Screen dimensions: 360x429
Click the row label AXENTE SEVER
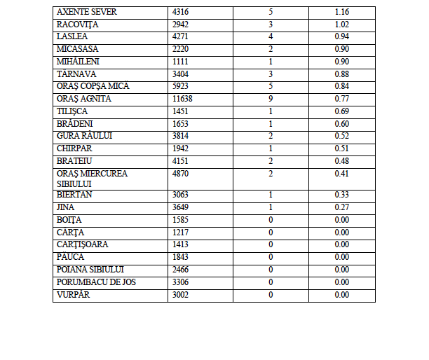point(87,13)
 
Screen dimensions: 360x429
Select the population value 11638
point(181,99)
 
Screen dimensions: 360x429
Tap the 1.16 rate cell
point(342,13)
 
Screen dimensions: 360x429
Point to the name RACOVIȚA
point(77,25)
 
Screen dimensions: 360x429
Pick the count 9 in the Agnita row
point(271,99)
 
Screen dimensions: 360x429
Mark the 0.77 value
point(342,99)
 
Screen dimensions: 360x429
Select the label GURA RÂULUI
point(84,136)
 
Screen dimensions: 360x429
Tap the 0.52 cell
point(342,136)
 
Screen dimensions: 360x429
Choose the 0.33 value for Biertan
point(342,195)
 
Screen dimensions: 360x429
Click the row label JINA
point(67,207)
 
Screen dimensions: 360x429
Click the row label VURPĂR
point(74,294)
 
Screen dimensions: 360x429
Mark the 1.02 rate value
point(342,25)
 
